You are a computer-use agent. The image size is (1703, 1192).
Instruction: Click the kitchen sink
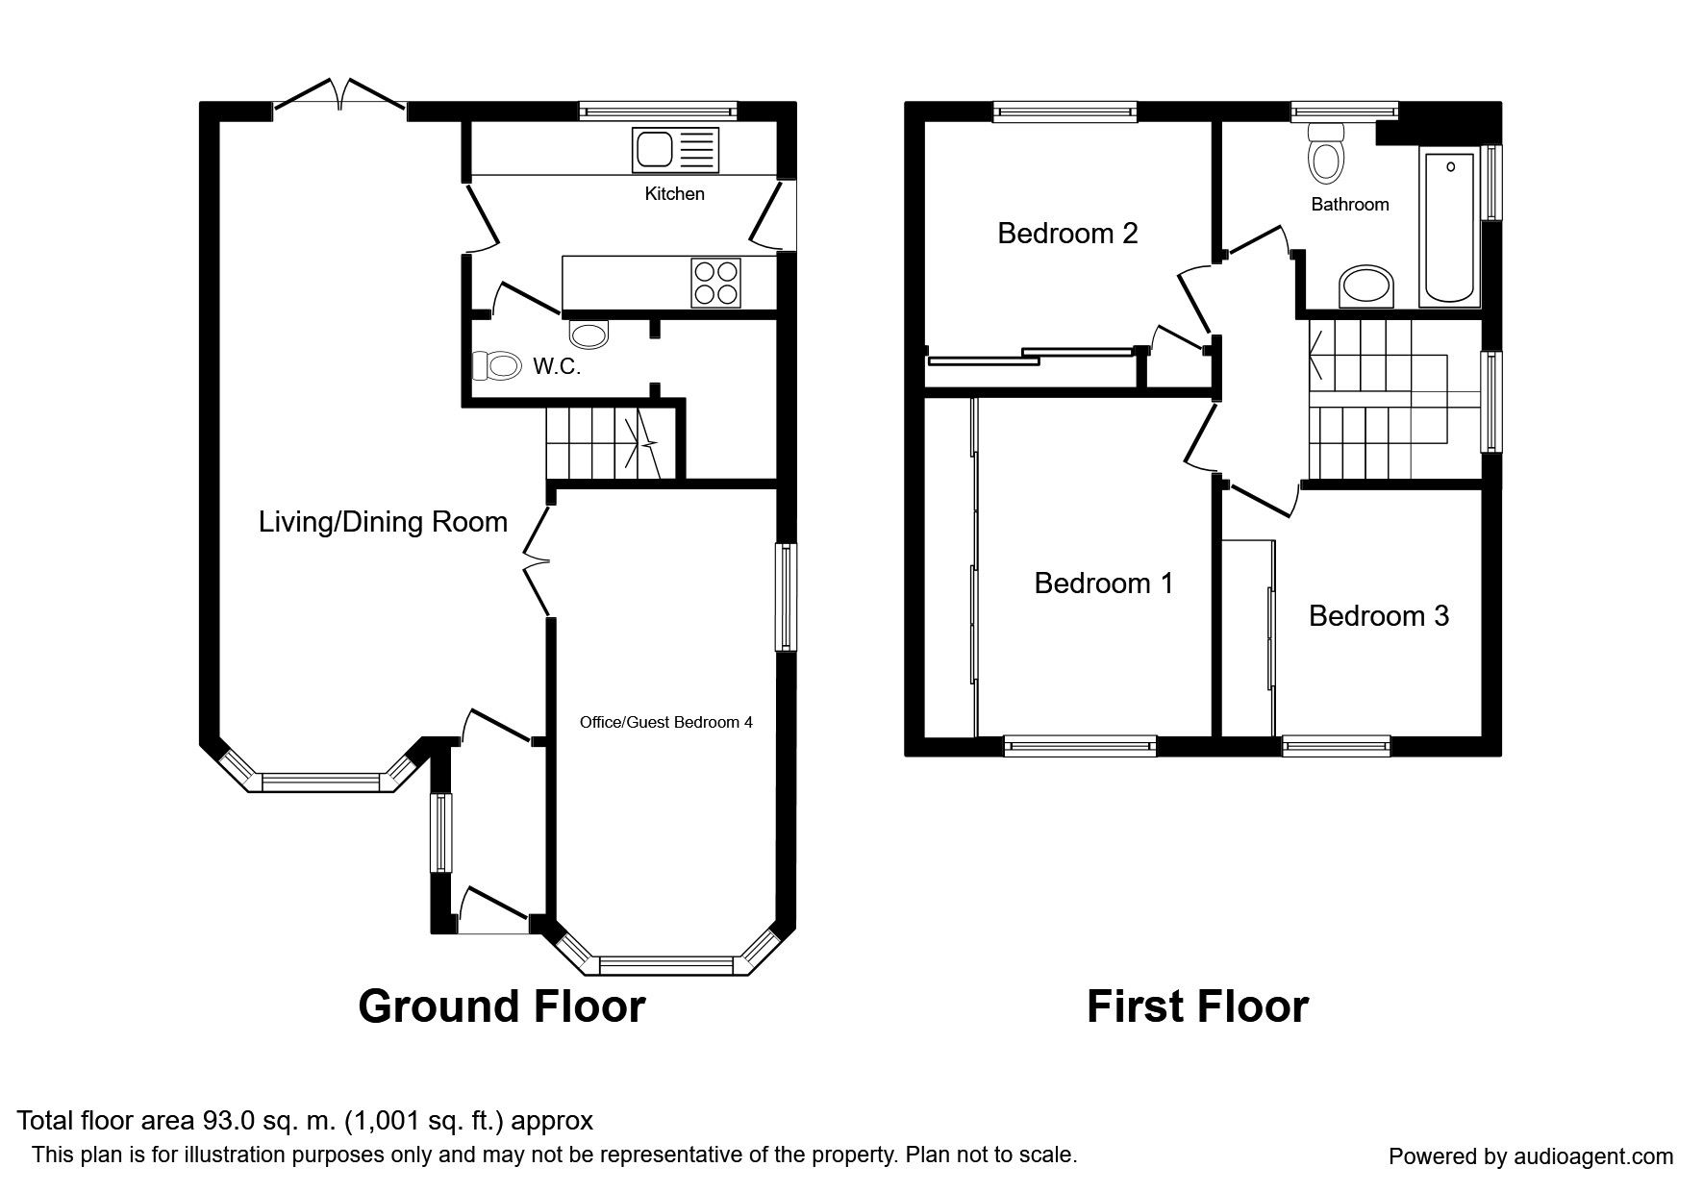coord(675,150)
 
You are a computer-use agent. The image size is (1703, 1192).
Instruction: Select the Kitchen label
coord(674,194)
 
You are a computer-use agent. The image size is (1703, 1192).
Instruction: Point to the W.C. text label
coord(557,366)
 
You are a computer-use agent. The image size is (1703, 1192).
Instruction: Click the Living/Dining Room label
coord(383,522)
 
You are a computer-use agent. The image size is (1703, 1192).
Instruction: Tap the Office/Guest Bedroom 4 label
coord(665,722)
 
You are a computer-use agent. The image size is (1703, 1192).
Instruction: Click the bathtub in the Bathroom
coord(1450,228)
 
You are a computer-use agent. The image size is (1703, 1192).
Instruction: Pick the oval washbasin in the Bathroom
coord(1366,286)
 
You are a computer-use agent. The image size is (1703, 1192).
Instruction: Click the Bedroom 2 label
coord(1067,233)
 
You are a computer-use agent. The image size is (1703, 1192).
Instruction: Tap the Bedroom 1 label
coord(1104,583)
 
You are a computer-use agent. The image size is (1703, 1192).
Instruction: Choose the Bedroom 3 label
coord(1378,615)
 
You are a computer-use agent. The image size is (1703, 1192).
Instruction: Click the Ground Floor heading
coord(501,1006)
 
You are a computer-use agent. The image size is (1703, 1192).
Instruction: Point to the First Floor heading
coord(1197,1006)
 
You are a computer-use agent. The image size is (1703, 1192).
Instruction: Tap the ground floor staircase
coord(603,443)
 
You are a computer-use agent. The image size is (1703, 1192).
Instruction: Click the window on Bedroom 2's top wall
coord(1065,112)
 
